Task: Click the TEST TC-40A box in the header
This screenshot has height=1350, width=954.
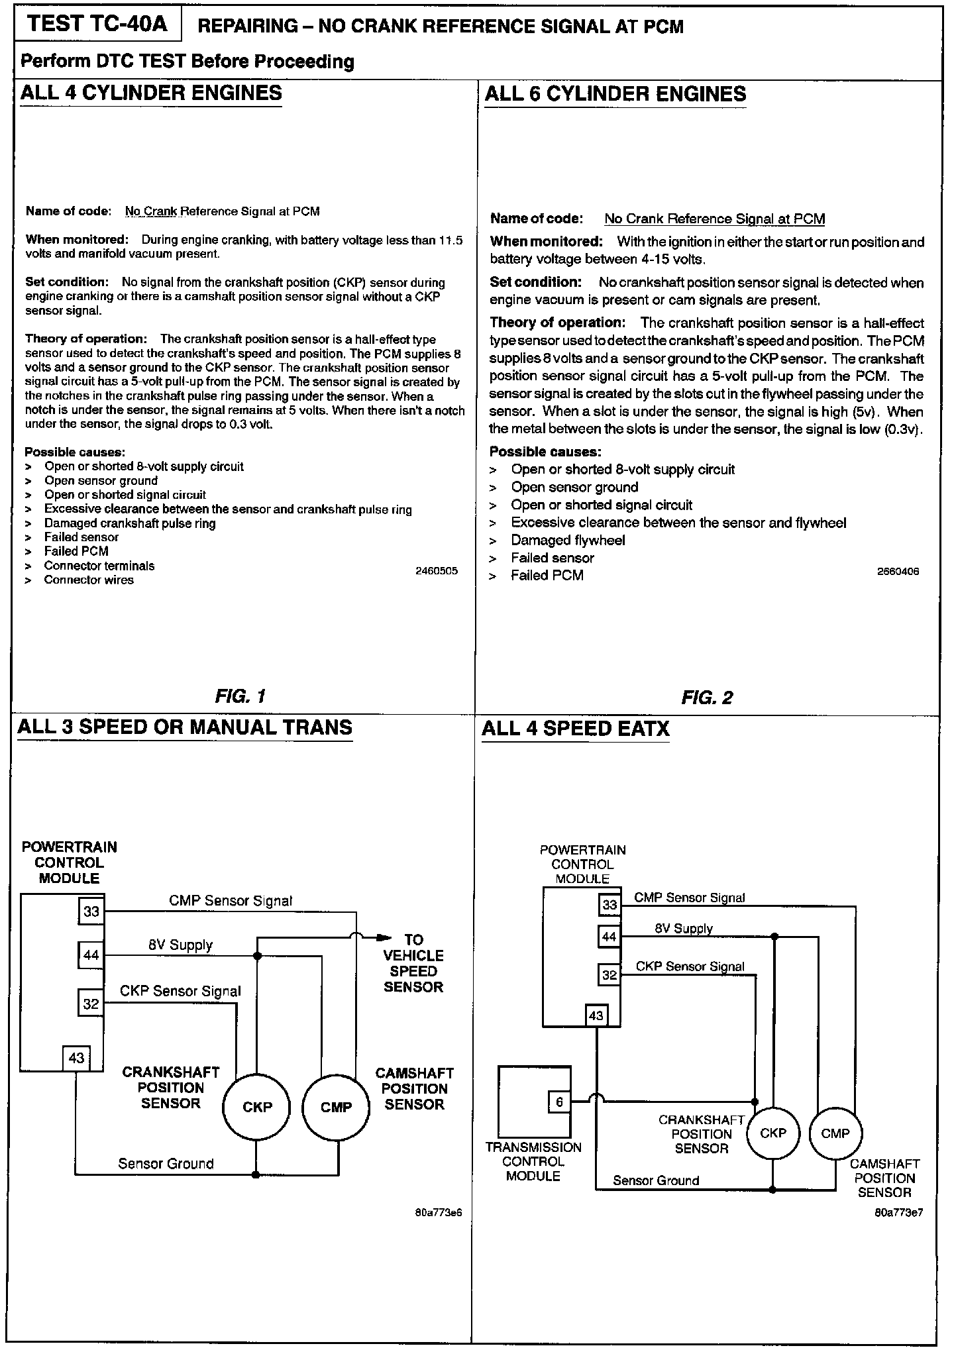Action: pyautogui.click(x=97, y=25)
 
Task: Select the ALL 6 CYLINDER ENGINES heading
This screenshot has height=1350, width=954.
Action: pyautogui.click(x=615, y=94)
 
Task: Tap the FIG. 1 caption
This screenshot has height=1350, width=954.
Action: pyautogui.click(x=240, y=696)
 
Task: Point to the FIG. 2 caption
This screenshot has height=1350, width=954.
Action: pyautogui.click(x=707, y=698)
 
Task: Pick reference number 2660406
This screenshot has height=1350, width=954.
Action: pyautogui.click(x=898, y=572)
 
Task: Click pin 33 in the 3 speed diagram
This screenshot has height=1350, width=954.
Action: pyautogui.click(x=91, y=911)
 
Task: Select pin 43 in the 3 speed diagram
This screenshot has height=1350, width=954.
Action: pyautogui.click(x=76, y=1058)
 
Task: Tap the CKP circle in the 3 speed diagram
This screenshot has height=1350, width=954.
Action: pyautogui.click(x=257, y=1107)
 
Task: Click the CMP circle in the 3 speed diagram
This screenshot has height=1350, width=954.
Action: pyautogui.click(x=336, y=1107)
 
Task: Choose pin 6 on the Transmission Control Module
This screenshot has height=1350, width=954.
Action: pyautogui.click(x=559, y=1102)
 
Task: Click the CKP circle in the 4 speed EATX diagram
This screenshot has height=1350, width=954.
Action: pyautogui.click(x=772, y=1133)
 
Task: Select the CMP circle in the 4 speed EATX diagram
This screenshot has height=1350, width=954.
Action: pyautogui.click(x=835, y=1133)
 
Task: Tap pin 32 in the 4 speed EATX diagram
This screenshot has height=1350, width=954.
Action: pyautogui.click(x=609, y=974)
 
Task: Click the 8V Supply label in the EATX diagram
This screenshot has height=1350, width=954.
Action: pyautogui.click(x=683, y=928)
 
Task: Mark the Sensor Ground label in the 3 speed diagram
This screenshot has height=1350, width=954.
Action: pyautogui.click(x=166, y=1163)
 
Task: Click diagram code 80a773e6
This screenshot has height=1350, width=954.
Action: pyautogui.click(x=437, y=1213)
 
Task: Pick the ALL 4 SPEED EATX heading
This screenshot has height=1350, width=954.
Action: pyautogui.click(x=575, y=729)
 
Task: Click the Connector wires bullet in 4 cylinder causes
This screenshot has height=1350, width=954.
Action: pyautogui.click(x=89, y=580)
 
